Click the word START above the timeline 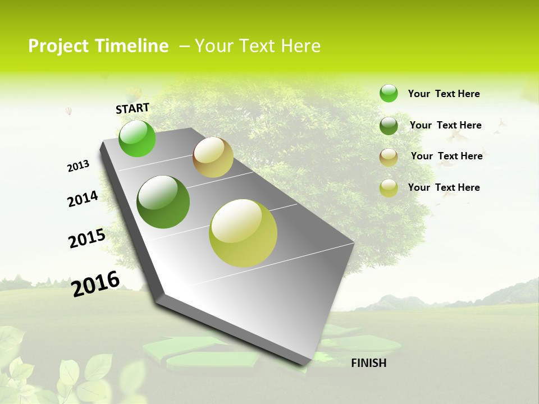tap(133, 108)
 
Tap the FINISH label tap(368, 363)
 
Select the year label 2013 tap(78, 166)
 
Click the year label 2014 tap(83, 199)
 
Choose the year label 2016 tap(95, 284)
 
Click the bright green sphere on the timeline tap(137, 139)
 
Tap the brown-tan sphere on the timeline tap(213, 157)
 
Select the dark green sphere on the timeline tap(163, 202)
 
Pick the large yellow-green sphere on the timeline tap(243, 233)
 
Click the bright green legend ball tap(389, 93)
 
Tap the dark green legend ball tap(389, 126)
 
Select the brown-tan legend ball tap(389, 157)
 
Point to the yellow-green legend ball tap(389, 188)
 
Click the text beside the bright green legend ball tap(444, 94)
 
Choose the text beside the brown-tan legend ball tap(446, 156)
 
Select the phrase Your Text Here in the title tap(258, 46)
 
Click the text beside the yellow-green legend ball tap(444, 187)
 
